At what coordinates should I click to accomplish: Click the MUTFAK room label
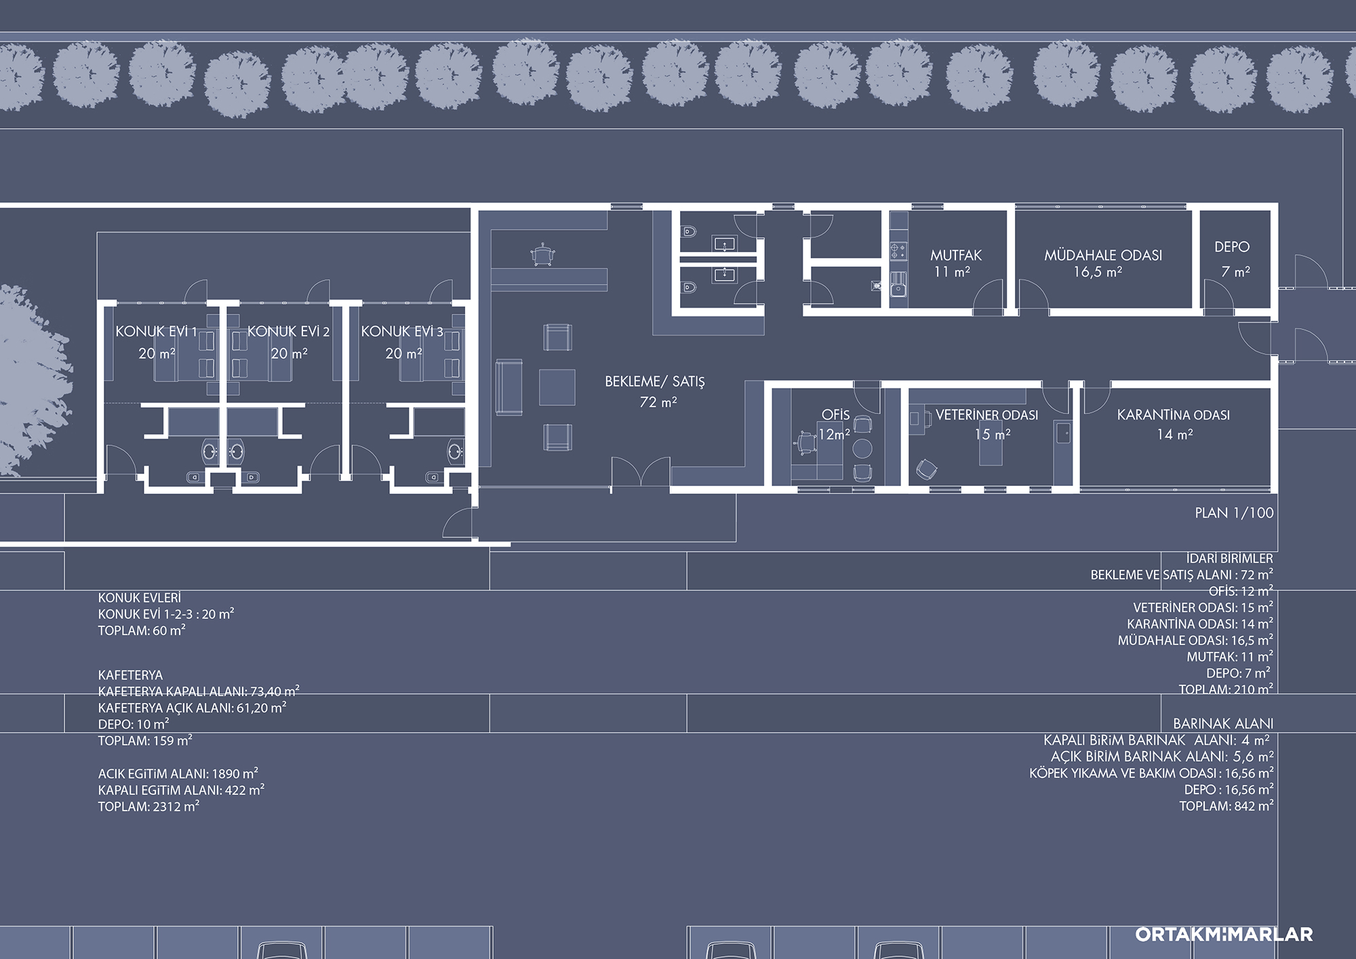[956, 256]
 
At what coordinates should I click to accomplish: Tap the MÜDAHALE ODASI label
[1103, 256]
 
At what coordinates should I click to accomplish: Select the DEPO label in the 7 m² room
[1232, 247]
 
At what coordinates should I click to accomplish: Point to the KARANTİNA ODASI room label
[1174, 415]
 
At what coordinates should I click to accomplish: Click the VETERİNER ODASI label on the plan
[987, 415]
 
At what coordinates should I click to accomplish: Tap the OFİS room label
[835, 415]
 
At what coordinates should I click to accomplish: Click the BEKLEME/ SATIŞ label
[655, 382]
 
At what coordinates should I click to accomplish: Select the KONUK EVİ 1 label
[157, 331]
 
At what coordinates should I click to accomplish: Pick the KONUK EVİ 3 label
[402, 331]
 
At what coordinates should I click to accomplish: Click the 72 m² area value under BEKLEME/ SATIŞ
[658, 402]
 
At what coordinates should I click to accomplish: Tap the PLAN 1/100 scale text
[1235, 513]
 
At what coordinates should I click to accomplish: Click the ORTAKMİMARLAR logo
[1224, 934]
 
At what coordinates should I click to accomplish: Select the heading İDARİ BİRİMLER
[1230, 558]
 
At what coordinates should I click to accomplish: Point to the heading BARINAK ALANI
[1223, 724]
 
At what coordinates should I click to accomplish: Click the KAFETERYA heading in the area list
[131, 675]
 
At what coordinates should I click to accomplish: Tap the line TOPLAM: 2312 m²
[148, 807]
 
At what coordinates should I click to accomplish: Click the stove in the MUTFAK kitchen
[898, 251]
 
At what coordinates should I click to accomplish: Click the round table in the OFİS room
[862, 447]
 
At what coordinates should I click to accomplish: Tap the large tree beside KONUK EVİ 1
[31, 380]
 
